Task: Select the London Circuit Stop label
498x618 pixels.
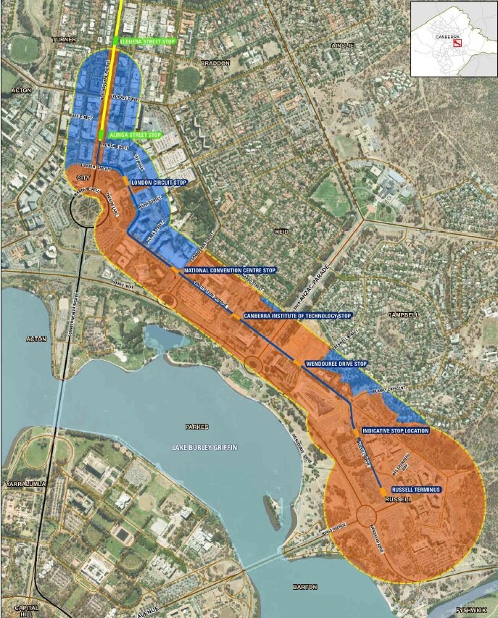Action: pyautogui.click(x=158, y=183)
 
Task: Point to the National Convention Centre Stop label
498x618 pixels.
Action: pyautogui.click(x=230, y=270)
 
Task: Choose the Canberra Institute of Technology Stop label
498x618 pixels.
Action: pyautogui.click(x=297, y=316)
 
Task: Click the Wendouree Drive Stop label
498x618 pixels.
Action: pyautogui.click(x=336, y=363)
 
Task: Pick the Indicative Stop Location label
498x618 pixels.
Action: pyautogui.click(x=395, y=430)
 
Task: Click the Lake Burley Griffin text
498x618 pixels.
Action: pyautogui.click(x=206, y=448)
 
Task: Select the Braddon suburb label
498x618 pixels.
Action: pyautogui.click(x=215, y=63)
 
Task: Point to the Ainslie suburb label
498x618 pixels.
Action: pyautogui.click(x=341, y=45)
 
